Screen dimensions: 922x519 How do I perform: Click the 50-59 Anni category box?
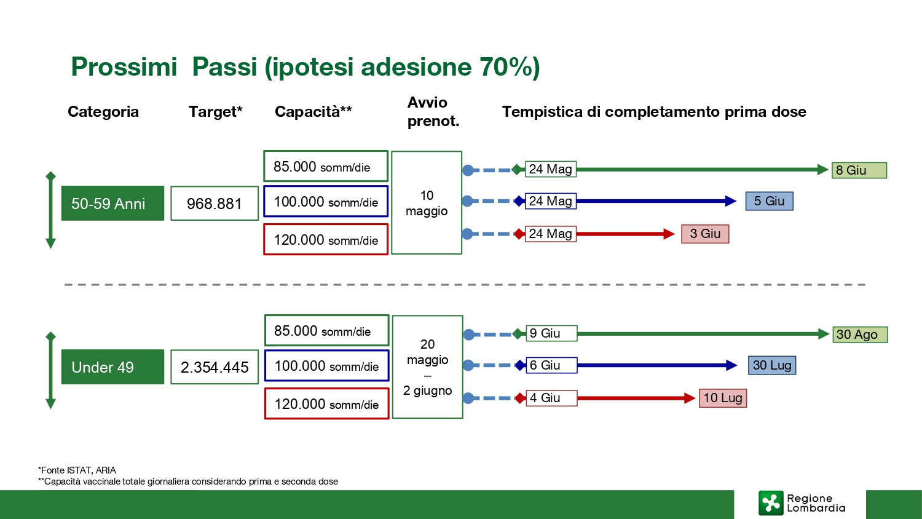click(x=112, y=203)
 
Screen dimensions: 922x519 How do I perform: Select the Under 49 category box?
click(x=112, y=367)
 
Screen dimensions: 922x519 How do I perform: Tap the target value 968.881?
click(x=215, y=204)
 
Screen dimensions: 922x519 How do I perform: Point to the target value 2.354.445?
click(x=215, y=367)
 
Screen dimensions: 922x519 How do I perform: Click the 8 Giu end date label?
click(x=859, y=170)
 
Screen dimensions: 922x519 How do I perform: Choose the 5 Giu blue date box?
click(x=770, y=201)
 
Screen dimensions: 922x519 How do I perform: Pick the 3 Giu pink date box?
click(x=705, y=234)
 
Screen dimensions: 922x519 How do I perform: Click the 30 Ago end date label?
click(x=860, y=335)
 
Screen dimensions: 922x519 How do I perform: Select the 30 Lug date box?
click(x=772, y=365)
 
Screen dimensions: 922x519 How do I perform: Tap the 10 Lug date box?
click(x=723, y=398)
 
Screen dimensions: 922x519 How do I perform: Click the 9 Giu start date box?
click(x=551, y=333)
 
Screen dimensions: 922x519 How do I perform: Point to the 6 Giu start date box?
click(x=551, y=365)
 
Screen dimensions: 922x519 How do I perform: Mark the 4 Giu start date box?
click(x=551, y=398)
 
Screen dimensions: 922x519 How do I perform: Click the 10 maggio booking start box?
click(x=427, y=203)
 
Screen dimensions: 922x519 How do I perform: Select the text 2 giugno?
click(x=427, y=390)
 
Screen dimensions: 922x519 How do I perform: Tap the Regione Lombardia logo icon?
click(x=771, y=503)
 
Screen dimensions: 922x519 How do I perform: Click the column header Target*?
click(x=215, y=112)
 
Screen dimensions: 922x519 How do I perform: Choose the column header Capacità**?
click(x=313, y=112)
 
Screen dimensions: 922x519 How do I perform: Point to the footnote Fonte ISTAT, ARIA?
click(x=77, y=470)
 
